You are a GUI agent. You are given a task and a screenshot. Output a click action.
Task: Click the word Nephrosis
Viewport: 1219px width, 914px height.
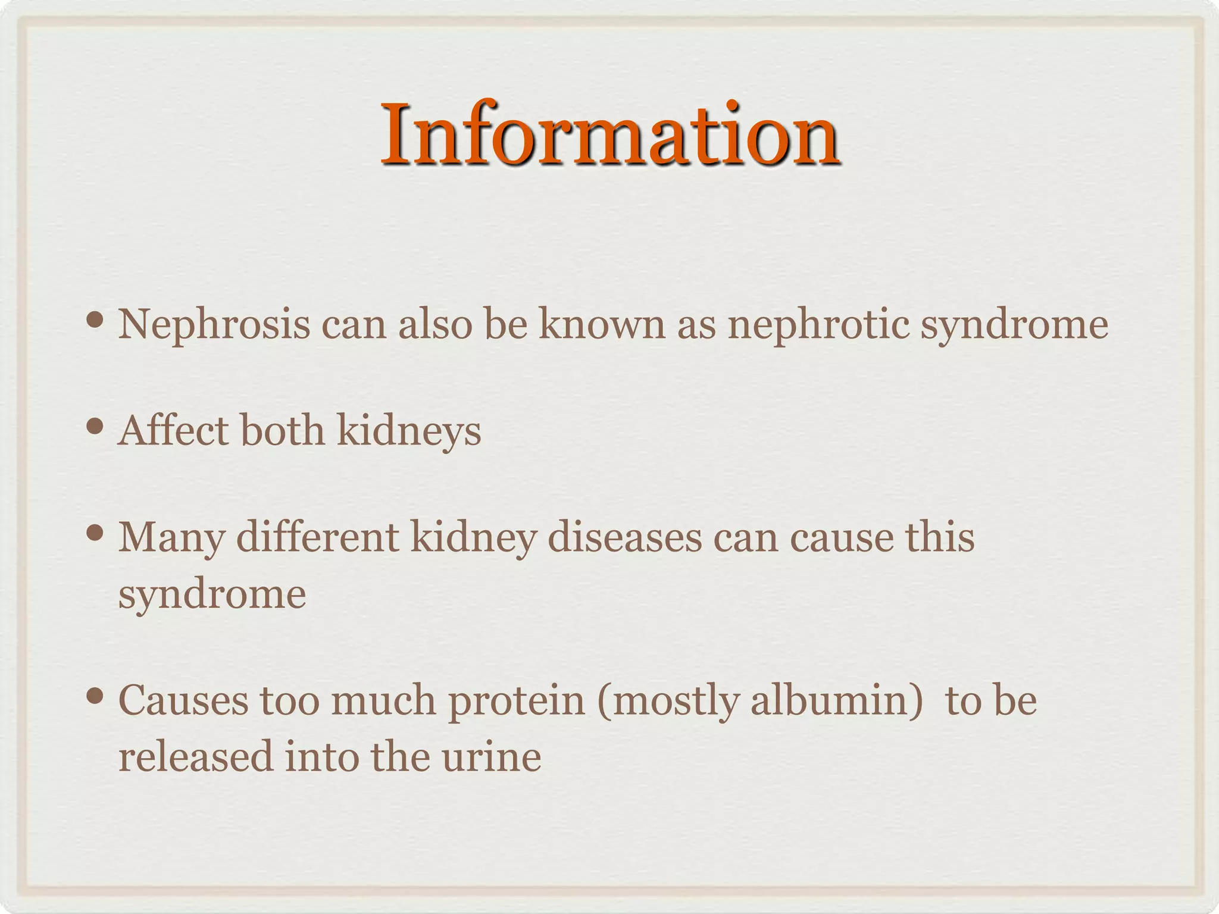[214, 325]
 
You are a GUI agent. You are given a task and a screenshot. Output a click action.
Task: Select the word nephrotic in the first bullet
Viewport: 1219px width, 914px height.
[818, 326]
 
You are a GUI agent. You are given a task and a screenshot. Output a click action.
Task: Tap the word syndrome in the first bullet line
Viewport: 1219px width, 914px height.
[1014, 326]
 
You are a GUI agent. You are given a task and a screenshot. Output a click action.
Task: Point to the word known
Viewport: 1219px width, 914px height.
[601, 325]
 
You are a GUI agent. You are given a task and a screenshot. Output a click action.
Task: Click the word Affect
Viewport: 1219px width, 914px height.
[173, 430]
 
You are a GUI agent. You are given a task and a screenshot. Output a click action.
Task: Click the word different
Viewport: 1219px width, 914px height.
[317, 537]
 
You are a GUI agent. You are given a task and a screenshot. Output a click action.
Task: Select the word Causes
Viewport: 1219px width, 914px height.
[183, 700]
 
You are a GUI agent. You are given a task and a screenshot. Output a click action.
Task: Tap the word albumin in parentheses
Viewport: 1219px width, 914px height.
[831, 700]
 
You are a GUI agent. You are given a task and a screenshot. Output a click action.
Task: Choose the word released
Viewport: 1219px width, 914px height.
[195, 757]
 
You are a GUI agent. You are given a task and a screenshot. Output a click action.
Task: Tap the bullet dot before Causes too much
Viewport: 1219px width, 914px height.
[95, 696]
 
